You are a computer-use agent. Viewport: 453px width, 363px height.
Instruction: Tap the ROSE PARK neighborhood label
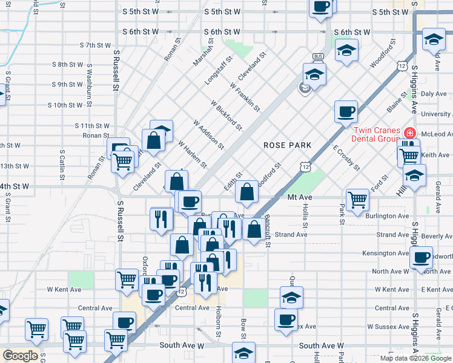287,145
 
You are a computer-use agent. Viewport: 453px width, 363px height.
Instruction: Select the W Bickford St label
227,116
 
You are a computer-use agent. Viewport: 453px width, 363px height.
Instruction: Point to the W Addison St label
209,134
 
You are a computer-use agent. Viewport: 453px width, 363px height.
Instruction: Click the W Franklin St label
245,97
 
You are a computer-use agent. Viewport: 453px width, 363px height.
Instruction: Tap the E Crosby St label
346,157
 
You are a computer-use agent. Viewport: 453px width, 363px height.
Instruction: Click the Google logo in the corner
20,356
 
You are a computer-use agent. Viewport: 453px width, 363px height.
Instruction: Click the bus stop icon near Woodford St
317,57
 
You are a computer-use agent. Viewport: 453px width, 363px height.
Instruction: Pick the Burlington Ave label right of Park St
387,216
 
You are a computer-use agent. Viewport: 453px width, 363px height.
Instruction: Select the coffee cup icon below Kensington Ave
421,257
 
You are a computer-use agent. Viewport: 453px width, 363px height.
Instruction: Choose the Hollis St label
306,211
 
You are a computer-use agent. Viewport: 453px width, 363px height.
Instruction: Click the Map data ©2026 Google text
415,358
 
